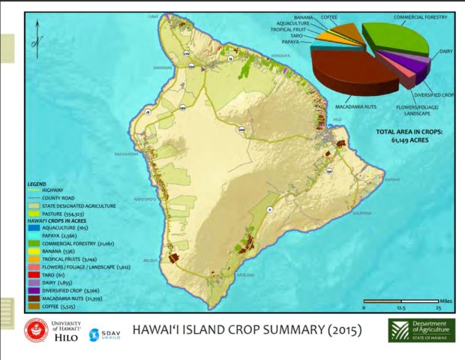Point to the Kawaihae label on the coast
163,67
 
